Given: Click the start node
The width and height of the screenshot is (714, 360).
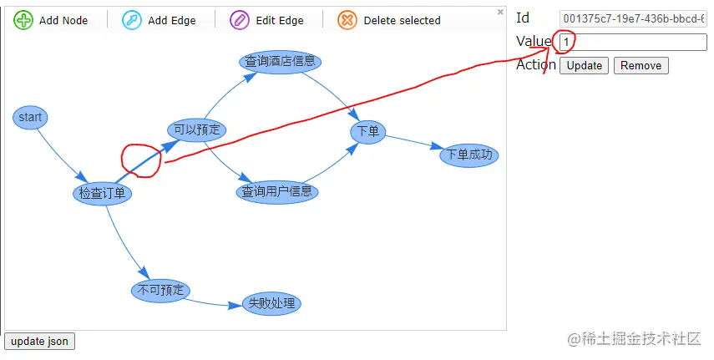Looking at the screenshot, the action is [x=30, y=118].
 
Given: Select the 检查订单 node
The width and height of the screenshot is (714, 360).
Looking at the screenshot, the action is [x=103, y=194].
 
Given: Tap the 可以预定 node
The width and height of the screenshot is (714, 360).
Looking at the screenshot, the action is [x=197, y=129].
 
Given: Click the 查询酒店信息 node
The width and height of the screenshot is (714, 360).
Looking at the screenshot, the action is [x=281, y=61].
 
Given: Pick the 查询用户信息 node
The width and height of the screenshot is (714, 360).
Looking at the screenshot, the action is [x=277, y=192].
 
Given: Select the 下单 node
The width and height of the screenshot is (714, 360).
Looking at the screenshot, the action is [x=367, y=131].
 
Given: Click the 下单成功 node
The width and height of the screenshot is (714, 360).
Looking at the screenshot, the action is [x=469, y=155].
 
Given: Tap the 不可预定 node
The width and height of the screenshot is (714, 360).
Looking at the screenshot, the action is [x=161, y=290].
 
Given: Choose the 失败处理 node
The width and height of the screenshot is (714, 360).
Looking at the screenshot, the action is [x=271, y=303].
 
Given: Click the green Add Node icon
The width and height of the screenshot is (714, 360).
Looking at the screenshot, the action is [x=23, y=20].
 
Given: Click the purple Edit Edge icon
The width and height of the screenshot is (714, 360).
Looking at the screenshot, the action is [x=240, y=20].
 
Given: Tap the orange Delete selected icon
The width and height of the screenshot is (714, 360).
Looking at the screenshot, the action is [x=347, y=20].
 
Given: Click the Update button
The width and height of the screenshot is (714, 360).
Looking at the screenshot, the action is [x=585, y=66].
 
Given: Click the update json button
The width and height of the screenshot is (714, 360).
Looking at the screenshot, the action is [x=40, y=341].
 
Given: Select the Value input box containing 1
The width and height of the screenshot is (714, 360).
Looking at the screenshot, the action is [x=633, y=42].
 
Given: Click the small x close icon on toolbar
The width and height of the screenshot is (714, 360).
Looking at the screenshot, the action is [x=500, y=12].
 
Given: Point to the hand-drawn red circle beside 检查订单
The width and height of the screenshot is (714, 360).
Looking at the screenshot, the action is [x=140, y=160].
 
